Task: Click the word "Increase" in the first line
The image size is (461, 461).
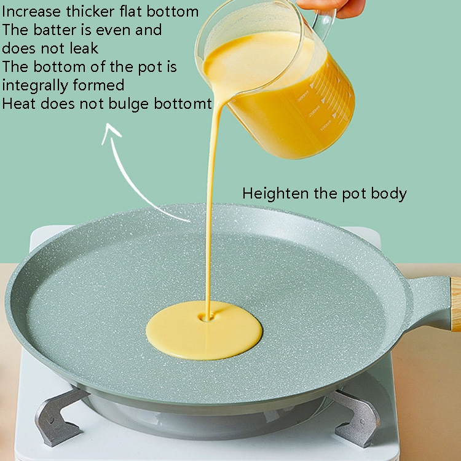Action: click(x=31, y=12)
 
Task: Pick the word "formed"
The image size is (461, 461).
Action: click(x=98, y=85)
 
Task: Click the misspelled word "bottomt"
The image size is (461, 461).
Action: click(x=183, y=103)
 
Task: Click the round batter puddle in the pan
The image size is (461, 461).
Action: click(x=204, y=330)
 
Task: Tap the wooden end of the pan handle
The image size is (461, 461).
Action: click(x=455, y=304)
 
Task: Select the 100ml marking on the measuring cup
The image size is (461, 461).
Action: click(x=326, y=125)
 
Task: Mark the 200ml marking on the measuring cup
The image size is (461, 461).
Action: click(x=314, y=111)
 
